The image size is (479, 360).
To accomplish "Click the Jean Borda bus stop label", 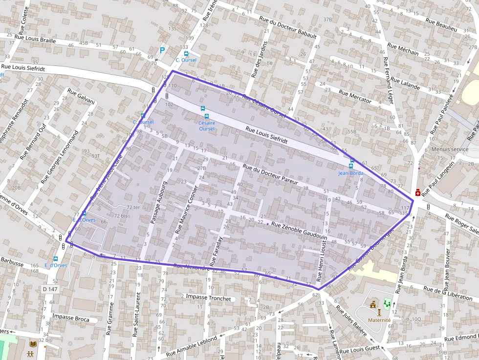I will coord(350,173).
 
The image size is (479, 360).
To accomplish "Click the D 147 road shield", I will coord(50,289).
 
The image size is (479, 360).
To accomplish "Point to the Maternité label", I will coord(379,320).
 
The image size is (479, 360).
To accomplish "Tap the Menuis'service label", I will coord(450,149).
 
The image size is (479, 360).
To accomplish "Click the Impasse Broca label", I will coord(71,318).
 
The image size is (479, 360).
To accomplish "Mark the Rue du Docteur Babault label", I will coord(288,28).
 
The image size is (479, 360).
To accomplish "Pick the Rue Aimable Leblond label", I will coord(191,346).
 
